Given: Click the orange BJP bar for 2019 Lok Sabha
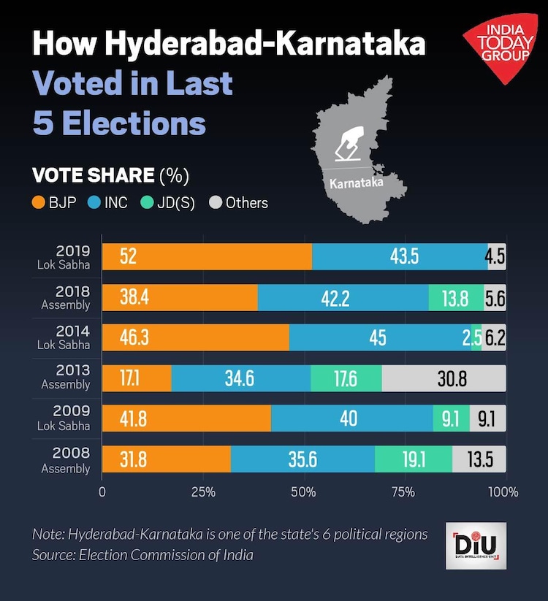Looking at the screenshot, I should (207, 257).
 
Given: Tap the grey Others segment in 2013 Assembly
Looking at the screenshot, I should (444, 378).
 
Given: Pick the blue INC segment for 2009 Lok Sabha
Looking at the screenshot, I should (351, 418).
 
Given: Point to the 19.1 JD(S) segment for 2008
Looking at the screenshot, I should (413, 459).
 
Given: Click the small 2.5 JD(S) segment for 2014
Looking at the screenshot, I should (476, 338).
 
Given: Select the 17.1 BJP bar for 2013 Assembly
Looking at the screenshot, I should (136, 378).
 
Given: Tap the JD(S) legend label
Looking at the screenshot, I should (175, 202).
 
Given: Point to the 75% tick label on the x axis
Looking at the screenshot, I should (403, 492).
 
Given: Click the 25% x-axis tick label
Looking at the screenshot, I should (202, 492).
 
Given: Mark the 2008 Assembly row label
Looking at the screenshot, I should (65, 460).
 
